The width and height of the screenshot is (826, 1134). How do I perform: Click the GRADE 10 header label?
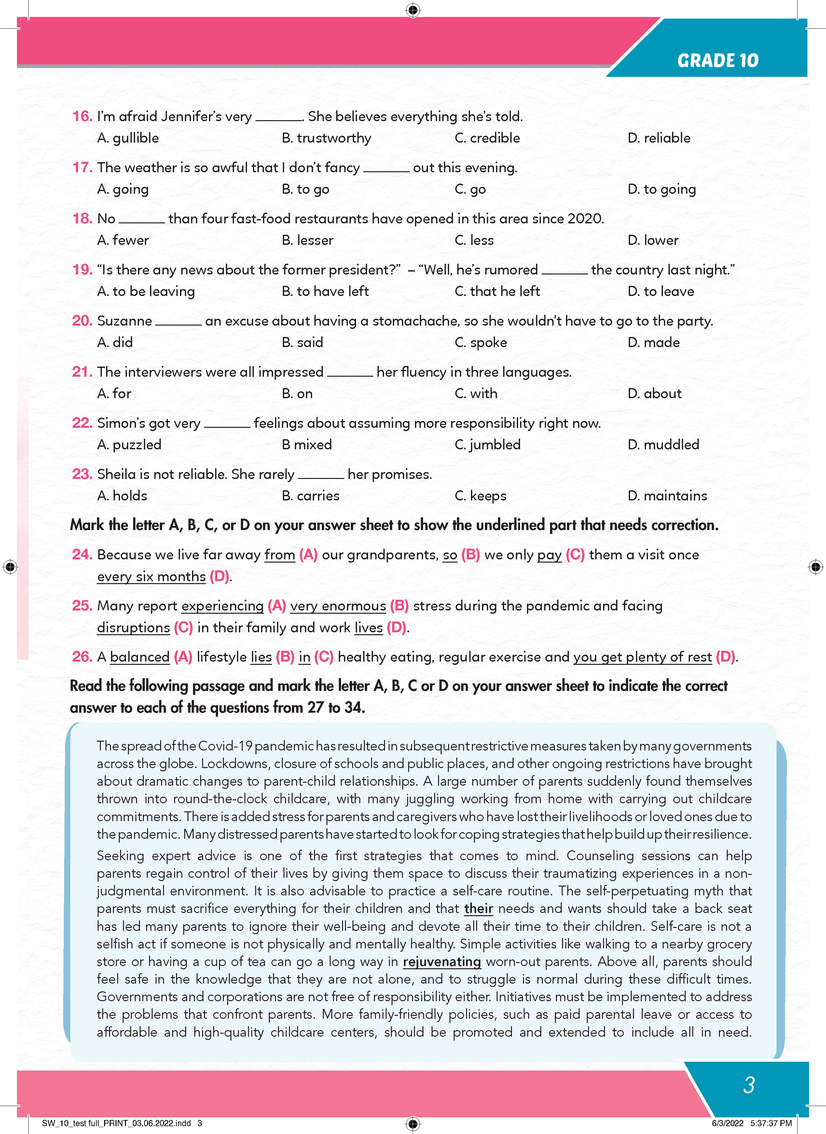click(x=718, y=61)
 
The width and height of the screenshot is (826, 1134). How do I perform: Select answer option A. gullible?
click(x=128, y=138)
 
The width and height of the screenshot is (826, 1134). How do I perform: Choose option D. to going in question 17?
click(x=662, y=189)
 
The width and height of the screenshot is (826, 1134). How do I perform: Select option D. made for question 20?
click(x=654, y=342)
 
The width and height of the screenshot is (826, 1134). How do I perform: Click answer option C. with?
click(x=476, y=393)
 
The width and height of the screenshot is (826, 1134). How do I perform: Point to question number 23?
click(x=82, y=474)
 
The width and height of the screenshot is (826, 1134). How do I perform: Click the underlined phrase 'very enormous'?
click(x=338, y=606)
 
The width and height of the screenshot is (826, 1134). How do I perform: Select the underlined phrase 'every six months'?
click(x=151, y=576)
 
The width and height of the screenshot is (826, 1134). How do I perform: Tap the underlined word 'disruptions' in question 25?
click(x=133, y=627)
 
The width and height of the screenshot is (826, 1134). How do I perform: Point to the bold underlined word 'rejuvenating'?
click(x=442, y=961)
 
